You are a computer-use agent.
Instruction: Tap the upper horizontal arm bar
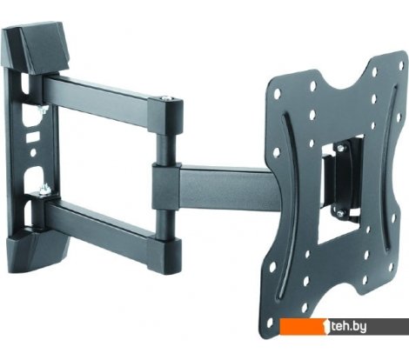[104, 95]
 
